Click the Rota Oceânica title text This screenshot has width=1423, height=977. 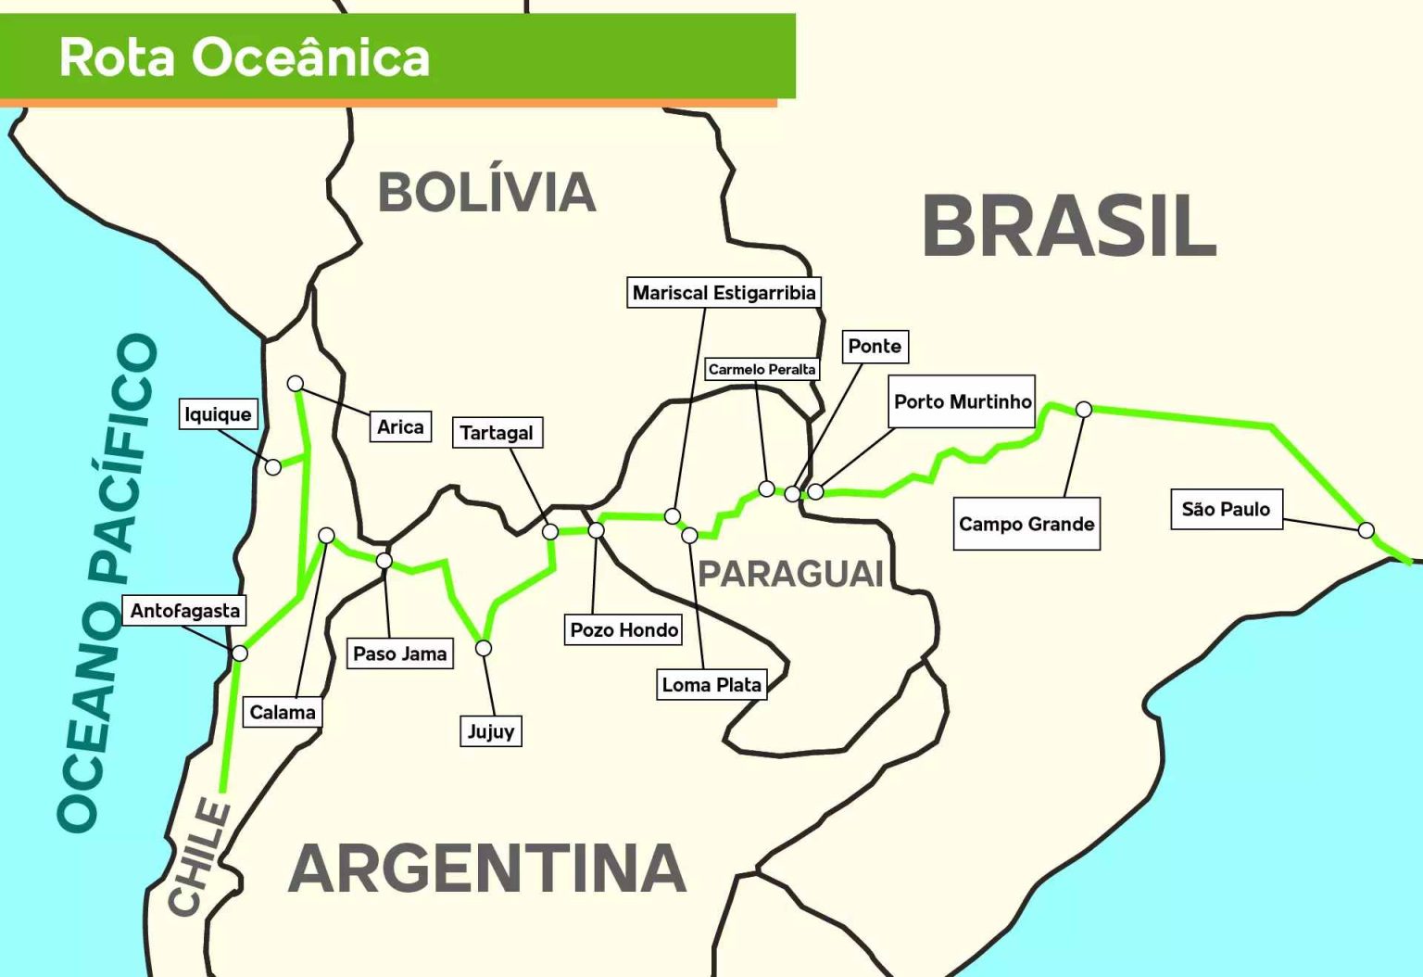(245, 57)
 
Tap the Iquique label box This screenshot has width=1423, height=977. (218, 414)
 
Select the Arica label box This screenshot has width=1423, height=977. (400, 426)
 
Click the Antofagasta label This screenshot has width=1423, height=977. (184, 611)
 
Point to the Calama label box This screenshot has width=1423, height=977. (283, 713)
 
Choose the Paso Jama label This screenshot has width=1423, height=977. (400, 653)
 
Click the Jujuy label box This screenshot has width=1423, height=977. (490, 731)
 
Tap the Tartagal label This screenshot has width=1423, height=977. (497, 433)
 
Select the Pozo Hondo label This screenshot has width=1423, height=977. (623, 630)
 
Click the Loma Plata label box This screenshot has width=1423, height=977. (711, 685)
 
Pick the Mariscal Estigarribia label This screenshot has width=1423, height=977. (724, 293)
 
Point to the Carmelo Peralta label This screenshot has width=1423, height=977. (762, 369)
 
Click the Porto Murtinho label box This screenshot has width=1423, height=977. (962, 401)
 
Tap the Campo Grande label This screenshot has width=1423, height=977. (1026, 525)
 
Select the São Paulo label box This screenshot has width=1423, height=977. (1226, 510)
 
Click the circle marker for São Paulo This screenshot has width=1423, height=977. (1366, 530)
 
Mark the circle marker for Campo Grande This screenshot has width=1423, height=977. (1083, 409)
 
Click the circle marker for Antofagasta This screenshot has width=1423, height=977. (239, 653)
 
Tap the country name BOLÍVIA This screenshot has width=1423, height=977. (486, 192)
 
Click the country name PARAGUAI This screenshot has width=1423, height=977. (790, 574)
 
